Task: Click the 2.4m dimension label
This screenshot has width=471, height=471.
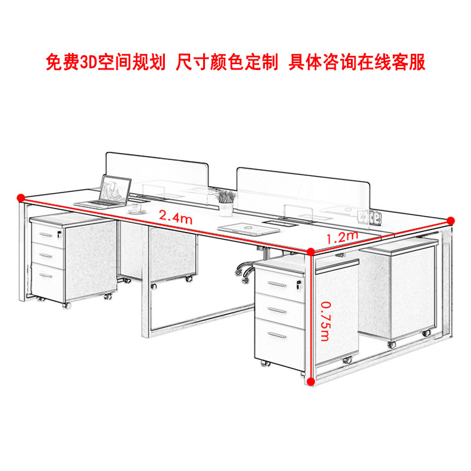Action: click(177, 217)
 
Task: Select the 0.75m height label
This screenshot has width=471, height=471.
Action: click(324, 323)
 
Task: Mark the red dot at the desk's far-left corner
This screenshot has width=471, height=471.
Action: click(21, 197)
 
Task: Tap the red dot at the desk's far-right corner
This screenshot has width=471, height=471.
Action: click(451, 220)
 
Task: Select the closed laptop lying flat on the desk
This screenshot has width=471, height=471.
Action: click(238, 227)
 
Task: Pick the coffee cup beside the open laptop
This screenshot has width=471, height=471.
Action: click(140, 207)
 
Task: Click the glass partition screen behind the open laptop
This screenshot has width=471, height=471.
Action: click(157, 171)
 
